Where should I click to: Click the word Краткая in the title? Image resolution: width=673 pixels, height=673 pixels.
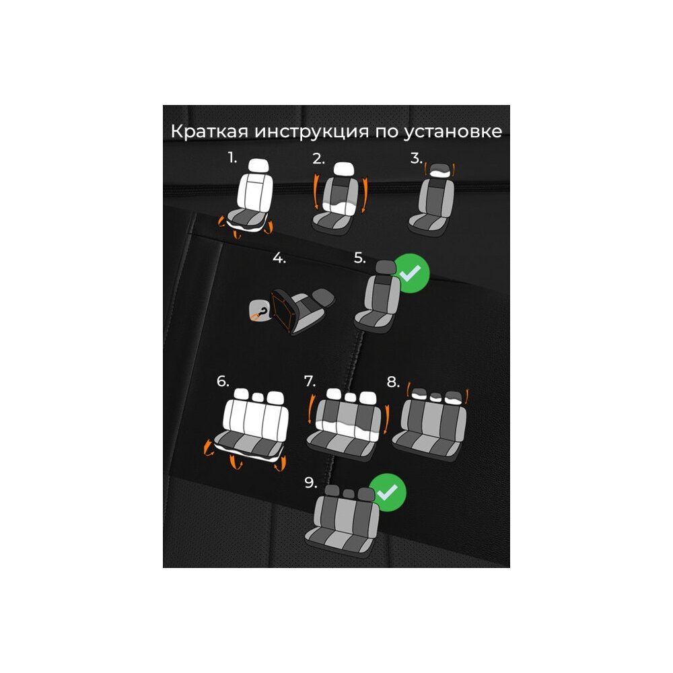pos(209,131)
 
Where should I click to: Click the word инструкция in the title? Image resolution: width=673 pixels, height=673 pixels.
pos(312,131)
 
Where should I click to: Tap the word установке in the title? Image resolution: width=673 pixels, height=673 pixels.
pos(452,132)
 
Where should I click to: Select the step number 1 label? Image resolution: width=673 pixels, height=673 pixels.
pos(232,157)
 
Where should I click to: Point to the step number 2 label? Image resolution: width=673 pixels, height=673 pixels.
pos(318,159)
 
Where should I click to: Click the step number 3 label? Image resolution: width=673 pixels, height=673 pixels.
pos(415,158)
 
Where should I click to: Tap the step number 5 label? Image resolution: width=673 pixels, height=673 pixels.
pos(359,258)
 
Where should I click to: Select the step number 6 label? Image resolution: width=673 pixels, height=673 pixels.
pos(223,381)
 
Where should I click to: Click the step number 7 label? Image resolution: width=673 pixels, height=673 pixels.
pos(310,381)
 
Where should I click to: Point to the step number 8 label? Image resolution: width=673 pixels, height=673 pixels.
pos(393,382)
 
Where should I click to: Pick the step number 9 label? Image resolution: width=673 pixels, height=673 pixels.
pos(311,483)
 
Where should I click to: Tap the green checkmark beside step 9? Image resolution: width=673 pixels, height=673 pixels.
pos(388,493)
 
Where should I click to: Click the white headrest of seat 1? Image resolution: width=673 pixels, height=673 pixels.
pos(258,166)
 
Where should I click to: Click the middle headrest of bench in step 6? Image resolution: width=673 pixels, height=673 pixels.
pos(258,398)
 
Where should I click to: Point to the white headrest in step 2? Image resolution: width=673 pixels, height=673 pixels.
pos(343,169)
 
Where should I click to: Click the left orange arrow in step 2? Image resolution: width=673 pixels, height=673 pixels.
pos(317,191)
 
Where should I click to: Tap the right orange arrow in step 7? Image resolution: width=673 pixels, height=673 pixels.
pos(387,419)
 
